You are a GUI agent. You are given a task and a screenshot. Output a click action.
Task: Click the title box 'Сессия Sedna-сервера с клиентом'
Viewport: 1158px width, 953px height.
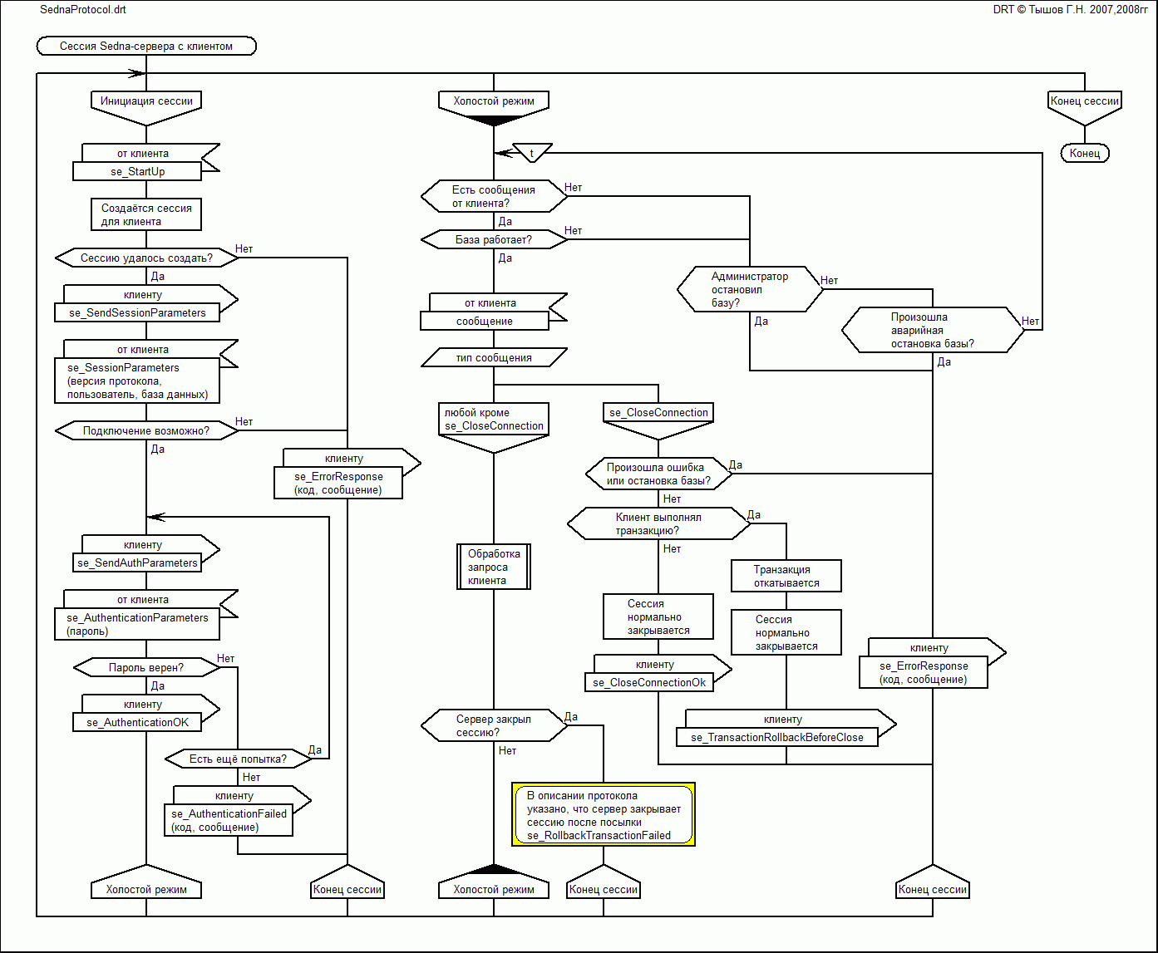click(x=146, y=47)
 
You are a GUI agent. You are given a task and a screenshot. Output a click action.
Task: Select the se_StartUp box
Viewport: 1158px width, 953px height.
click(x=137, y=171)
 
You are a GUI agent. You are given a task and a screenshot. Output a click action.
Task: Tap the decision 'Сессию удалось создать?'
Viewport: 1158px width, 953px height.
click(x=146, y=258)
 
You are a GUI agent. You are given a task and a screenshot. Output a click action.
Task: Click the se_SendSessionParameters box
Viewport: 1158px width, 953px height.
click(x=137, y=312)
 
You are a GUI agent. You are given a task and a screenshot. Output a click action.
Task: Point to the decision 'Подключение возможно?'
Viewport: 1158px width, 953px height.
click(x=146, y=430)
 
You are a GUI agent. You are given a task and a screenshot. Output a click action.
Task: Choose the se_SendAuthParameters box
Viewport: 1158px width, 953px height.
click(x=137, y=562)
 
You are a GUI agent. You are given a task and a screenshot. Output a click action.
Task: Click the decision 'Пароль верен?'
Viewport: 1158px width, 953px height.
click(x=146, y=667)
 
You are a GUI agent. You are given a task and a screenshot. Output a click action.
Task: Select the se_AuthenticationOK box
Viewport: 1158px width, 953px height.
click(x=137, y=722)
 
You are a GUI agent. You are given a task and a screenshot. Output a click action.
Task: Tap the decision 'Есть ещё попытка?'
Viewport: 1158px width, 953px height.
click(x=238, y=759)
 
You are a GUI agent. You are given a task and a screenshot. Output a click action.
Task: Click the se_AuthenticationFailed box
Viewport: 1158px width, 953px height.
click(x=229, y=820)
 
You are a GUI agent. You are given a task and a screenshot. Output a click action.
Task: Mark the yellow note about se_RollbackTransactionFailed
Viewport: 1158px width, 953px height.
click(x=604, y=815)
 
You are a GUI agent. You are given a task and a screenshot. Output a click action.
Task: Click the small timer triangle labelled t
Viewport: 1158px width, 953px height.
click(x=532, y=153)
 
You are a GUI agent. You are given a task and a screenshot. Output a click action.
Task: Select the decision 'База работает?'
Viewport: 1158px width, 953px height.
click(x=494, y=239)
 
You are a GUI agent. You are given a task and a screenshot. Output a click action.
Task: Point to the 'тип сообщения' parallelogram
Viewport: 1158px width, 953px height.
click(x=494, y=357)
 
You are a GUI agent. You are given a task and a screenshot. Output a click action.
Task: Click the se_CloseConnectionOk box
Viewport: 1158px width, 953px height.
click(x=649, y=682)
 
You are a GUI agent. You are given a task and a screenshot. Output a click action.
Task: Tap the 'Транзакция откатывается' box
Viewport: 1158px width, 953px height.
click(x=786, y=576)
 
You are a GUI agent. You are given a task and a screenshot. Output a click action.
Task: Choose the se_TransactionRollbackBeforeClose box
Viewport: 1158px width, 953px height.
click(x=777, y=737)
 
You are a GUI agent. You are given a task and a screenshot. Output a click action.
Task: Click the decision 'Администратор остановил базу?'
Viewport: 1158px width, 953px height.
click(x=749, y=289)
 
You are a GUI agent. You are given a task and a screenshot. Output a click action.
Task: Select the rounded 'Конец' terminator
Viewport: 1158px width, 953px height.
click(x=1085, y=153)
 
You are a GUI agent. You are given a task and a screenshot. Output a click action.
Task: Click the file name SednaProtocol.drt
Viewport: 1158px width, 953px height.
click(x=83, y=10)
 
